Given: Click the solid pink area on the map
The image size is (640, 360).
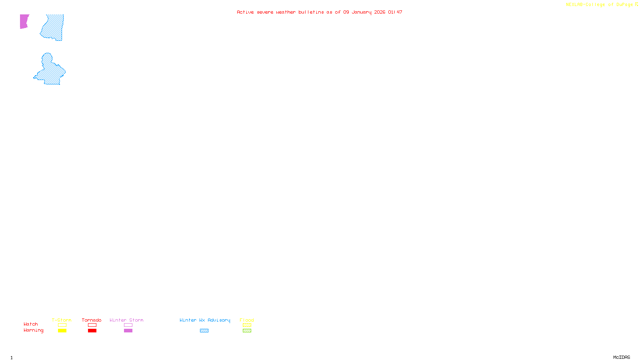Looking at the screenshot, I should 24,21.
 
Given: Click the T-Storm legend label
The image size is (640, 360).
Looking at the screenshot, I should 62,320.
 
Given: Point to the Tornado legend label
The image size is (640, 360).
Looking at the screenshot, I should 92,320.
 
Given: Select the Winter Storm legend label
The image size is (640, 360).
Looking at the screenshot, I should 126,320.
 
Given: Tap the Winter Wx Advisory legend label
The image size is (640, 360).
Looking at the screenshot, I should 205,320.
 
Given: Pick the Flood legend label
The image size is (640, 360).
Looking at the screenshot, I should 247,320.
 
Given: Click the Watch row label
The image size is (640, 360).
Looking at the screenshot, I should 31,324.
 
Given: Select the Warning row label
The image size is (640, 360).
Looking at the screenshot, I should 33,330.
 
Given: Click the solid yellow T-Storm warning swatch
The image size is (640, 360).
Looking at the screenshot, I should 62,331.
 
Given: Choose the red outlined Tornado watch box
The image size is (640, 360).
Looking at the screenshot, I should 92,325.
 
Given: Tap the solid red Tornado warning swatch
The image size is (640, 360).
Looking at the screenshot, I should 92,331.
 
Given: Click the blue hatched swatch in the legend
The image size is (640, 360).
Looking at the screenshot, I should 204,331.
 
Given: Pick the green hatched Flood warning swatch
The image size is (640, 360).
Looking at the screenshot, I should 247,331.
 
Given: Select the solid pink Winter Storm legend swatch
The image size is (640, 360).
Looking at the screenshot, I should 128,331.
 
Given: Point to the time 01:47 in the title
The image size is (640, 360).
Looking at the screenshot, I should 395,12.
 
